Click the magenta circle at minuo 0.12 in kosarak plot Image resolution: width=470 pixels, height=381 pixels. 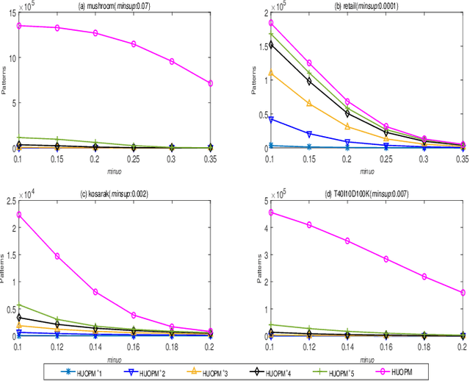point(57,256)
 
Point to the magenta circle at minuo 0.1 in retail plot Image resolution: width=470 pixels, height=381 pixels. point(271,23)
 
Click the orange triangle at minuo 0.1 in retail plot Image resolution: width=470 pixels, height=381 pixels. point(271,74)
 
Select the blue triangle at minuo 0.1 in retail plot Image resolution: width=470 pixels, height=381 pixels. point(271,118)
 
